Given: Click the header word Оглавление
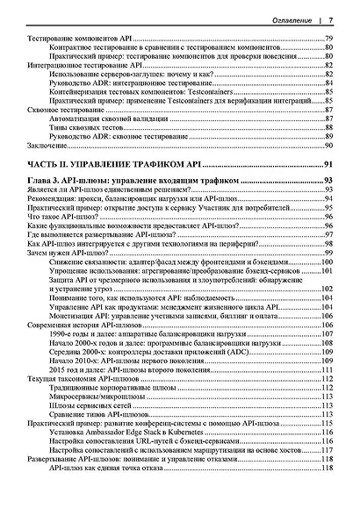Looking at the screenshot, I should [293, 18].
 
